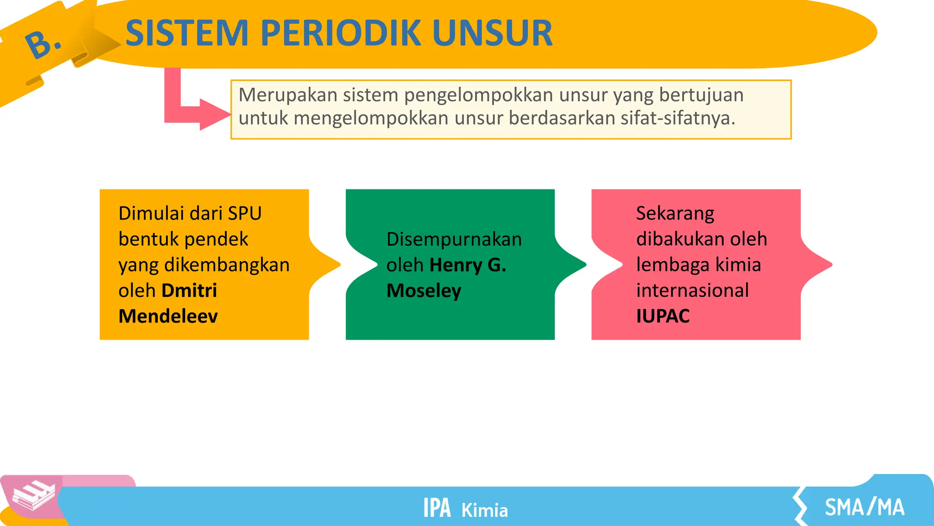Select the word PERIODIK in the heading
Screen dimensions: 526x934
(x=340, y=33)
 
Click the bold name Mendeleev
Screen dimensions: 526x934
(x=168, y=316)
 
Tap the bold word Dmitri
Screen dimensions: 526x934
(x=189, y=290)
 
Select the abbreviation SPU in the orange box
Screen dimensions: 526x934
(x=244, y=214)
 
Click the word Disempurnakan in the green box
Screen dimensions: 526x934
(x=454, y=239)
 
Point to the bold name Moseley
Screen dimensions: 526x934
(x=424, y=291)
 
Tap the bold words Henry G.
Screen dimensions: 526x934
(x=467, y=265)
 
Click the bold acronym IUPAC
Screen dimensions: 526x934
(x=663, y=316)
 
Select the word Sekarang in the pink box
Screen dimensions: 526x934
(x=675, y=214)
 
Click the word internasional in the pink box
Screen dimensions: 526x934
(x=692, y=290)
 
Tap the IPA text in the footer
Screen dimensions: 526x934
(x=436, y=508)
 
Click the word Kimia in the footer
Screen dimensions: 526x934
(x=484, y=510)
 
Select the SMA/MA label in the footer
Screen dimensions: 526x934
(x=864, y=507)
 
